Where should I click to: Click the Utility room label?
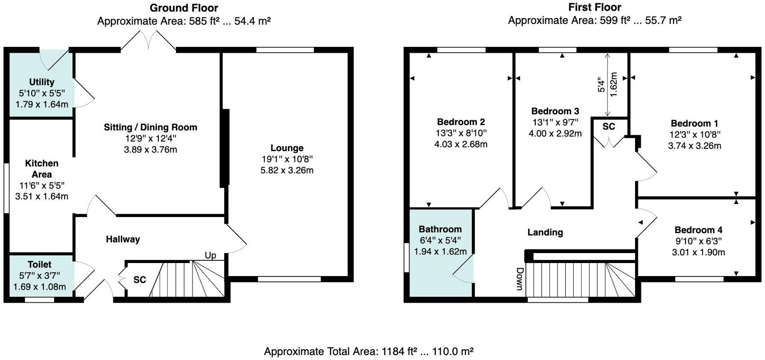click(41, 82)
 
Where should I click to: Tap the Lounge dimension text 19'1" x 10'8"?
click(287, 159)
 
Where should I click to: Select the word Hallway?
click(123, 239)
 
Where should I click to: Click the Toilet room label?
click(39, 264)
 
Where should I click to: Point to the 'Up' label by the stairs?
click(210, 255)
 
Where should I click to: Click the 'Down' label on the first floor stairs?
click(519, 279)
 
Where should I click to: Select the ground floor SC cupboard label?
click(139, 280)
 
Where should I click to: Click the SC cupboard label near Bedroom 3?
click(608, 127)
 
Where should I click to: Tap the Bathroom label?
click(440, 229)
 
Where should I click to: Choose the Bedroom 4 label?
click(698, 230)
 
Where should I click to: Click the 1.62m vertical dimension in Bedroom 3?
click(613, 85)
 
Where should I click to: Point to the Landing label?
click(545, 232)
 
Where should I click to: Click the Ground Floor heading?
click(184, 8)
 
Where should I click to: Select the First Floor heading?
click(594, 7)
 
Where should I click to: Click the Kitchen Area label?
click(41, 169)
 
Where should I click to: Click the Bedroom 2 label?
click(461, 122)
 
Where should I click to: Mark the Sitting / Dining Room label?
click(150, 127)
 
